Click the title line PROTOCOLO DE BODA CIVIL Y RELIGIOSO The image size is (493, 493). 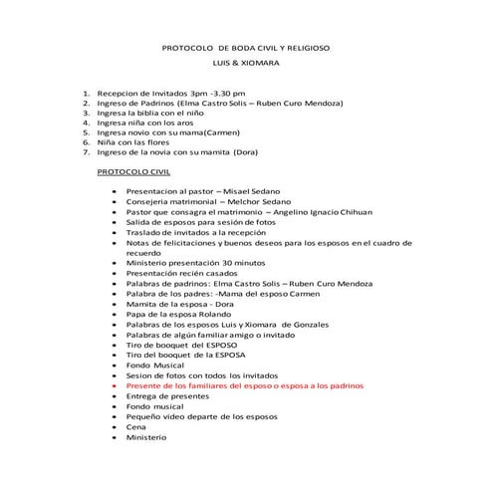click(x=246, y=48)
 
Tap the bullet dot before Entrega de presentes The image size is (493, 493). click(x=116, y=395)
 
